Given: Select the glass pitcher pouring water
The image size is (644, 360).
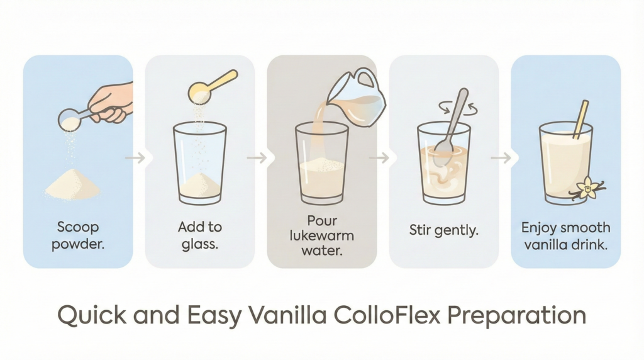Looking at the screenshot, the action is (x=357, y=97).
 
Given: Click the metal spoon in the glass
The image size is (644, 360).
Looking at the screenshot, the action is (x=451, y=127).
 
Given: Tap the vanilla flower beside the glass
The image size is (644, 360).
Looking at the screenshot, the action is (x=588, y=189).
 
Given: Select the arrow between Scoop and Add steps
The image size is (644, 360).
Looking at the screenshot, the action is (x=135, y=157).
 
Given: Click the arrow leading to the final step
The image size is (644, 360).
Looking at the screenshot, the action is (x=501, y=157).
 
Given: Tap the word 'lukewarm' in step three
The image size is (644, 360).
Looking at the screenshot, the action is (x=321, y=236).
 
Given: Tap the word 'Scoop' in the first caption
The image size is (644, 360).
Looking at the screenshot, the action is (x=78, y=227).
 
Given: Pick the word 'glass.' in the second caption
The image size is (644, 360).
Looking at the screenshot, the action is (x=199, y=244).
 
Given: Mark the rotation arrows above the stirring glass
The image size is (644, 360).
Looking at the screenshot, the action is (x=458, y=108).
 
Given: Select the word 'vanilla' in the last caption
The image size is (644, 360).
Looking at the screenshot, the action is (x=543, y=245).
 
